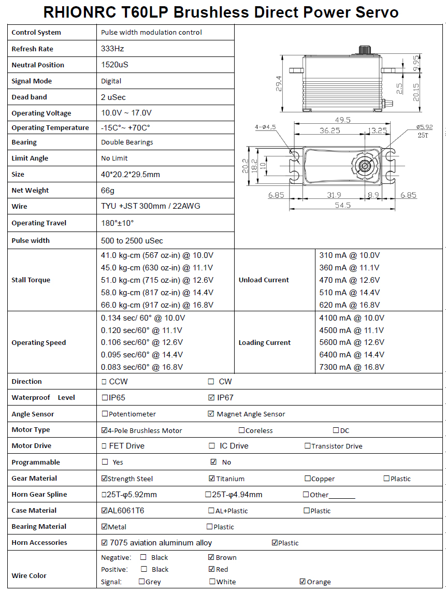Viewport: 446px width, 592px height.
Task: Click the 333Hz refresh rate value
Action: (112, 49)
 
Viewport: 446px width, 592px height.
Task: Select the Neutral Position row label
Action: (38, 65)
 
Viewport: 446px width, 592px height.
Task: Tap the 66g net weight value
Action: (108, 190)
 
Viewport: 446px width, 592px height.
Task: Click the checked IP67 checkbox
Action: (211, 398)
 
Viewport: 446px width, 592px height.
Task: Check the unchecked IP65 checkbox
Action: (105, 398)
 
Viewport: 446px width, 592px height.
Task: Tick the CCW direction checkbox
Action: (105, 382)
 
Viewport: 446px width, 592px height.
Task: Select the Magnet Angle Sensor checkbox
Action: (211, 414)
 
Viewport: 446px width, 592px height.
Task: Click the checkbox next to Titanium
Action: (211, 479)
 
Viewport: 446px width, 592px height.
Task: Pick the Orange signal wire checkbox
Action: (303, 582)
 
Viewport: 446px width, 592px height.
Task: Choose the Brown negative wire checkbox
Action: (211, 557)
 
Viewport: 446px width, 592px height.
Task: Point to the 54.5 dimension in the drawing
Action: (342, 205)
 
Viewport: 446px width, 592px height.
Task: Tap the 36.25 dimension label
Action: (329, 131)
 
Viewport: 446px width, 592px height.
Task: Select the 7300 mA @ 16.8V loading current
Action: (352, 367)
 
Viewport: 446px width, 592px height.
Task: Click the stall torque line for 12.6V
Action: (157, 280)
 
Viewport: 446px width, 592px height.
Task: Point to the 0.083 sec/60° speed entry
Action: (142, 367)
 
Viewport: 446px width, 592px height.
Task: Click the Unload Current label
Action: (264, 280)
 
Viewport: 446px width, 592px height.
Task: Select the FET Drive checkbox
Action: (105, 446)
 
